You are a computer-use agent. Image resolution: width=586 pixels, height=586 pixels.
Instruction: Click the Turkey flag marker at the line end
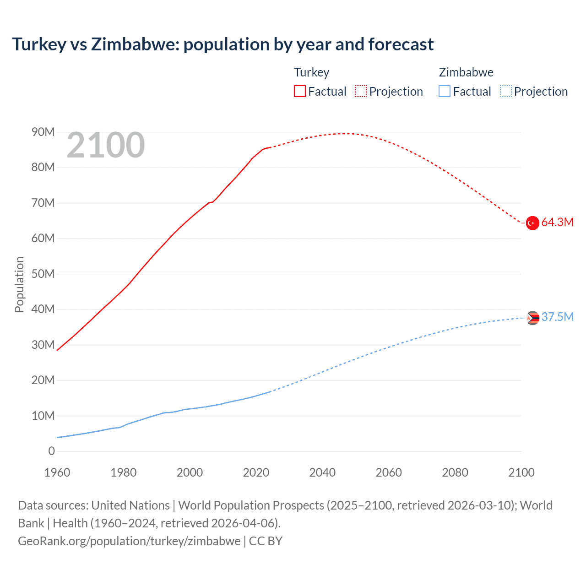[x=532, y=223]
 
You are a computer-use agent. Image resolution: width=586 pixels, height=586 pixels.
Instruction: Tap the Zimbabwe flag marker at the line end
[x=532, y=318]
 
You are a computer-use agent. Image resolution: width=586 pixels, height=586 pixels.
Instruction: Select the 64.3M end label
[x=557, y=222]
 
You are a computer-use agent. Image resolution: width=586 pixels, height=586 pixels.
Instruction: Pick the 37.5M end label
[x=557, y=317]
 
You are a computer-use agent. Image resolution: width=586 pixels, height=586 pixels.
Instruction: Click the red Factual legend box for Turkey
[x=300, y=91]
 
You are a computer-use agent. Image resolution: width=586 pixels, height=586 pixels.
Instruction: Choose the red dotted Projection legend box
[x=361, y=91]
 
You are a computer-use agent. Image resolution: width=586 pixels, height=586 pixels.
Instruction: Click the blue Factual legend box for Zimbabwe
[x=445, y=91]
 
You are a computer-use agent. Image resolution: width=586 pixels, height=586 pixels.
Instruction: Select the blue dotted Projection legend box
[x=506, y=91]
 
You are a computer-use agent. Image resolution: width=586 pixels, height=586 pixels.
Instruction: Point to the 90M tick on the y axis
[x=43, y=132]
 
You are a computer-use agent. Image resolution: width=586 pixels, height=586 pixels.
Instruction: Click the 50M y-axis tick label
[x=43, y=274]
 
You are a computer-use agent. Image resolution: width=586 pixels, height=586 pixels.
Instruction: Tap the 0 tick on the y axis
[x=51, y=451]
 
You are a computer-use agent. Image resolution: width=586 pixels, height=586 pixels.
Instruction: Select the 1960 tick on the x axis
[x=57, y=472]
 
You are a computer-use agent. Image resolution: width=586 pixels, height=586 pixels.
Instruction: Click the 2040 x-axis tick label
[x=322, y=472]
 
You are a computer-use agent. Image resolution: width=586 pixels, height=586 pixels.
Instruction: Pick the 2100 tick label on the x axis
[x=521, y=472]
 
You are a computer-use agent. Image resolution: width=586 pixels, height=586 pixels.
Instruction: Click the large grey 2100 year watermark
[x=105, y=145]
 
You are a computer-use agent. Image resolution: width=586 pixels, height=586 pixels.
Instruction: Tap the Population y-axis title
[x=19, y=284]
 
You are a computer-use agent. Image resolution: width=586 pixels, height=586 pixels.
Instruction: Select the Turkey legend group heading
[x=311, y=72]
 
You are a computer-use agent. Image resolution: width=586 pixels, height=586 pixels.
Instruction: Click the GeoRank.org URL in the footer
[x=129, y=541]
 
